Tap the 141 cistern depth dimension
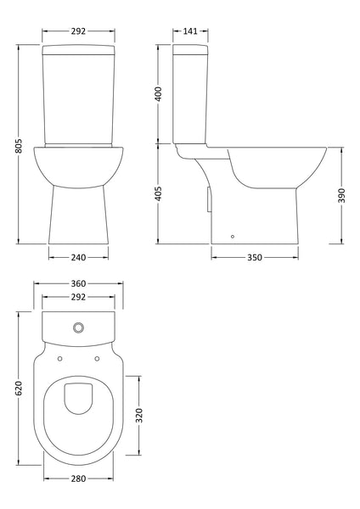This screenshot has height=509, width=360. coord(192,31)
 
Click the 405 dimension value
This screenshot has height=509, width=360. coord(159,196)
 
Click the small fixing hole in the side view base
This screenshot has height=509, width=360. coord(233,237)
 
